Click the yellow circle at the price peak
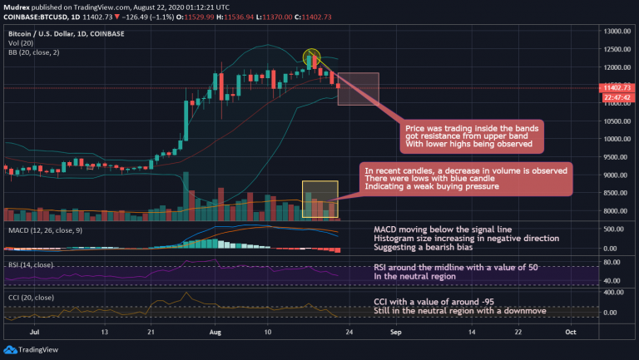(x=312, y=57)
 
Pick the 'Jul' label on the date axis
(x=34, y=330)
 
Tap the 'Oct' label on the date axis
(x=572, y=330)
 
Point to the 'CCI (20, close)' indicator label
(x=32, y=294)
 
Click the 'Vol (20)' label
(x=21, y=42)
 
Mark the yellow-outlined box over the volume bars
(x=319, y=200)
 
